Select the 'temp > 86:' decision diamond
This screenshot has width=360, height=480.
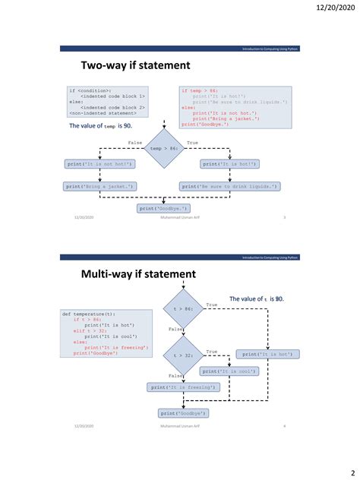pyautogui.click(x=165, y=149)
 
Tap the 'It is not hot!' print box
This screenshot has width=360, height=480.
pyautogui.click(x=101, y=164)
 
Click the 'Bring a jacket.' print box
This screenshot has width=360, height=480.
pyautogui.click(x=100, y=186)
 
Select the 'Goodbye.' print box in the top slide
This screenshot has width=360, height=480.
pyautogui.click(x=164, y=207)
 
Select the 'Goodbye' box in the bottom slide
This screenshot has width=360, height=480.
pyautogui.click(x=184, y=412)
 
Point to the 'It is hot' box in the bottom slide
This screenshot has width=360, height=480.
pyautogui.click(x=270, y=354)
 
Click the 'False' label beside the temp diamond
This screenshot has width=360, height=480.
pyautogui.click(x=136, y=142)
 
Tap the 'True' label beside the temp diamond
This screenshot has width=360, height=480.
pyautogui.click(x=192, y=142)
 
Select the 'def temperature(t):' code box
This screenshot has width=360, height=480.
pyautogui.click(x=106, y=333)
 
